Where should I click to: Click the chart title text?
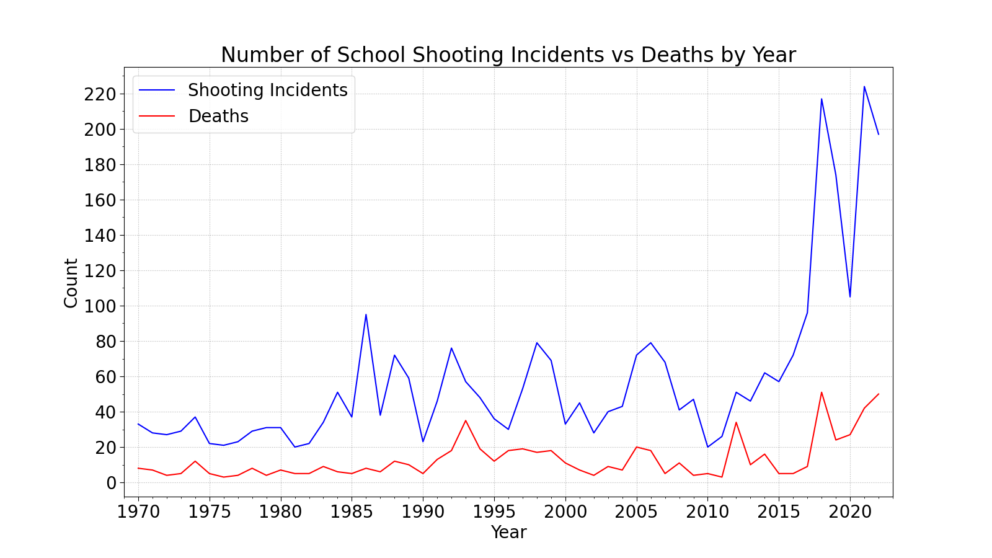coord(508,55)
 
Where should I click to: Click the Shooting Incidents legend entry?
coord(267,91)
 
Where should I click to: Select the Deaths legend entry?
coord(218,117)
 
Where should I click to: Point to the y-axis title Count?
coord(71,283)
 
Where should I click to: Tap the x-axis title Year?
coord(508,532)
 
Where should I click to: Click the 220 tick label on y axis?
coord(101,94)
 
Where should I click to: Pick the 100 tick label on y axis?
coord(101,306)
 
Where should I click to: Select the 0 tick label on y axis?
coord(112,483)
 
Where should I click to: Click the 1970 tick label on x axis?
coord(138,511)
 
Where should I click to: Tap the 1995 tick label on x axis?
coord(494,511)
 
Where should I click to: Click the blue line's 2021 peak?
coord(864,87)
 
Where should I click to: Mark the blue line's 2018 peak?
coord(821,99)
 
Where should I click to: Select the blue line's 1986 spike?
coord(366,314)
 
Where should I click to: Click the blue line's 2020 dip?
coord(850,296)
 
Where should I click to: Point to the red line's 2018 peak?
coord(821,392)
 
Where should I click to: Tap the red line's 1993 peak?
coord(466,420)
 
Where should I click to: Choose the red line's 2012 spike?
coord(736,422)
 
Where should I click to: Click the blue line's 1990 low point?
coord(423,441)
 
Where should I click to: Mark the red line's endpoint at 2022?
coord(879,394)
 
